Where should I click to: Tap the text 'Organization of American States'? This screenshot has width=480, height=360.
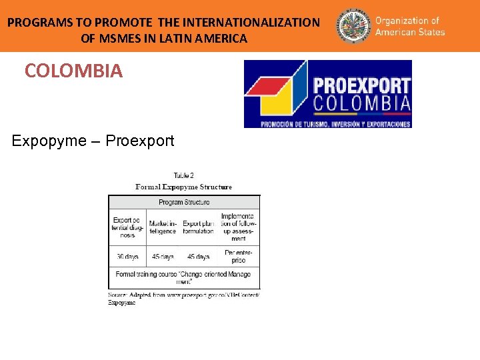[410, 26]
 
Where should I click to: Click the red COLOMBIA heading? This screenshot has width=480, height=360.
[73, 71]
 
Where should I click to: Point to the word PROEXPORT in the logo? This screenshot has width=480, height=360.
[361, 86]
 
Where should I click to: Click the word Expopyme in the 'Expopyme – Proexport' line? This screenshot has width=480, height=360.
[49, 141]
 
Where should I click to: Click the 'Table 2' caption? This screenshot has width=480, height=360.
[183, 176]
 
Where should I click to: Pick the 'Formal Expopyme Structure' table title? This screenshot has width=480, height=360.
[183, 187]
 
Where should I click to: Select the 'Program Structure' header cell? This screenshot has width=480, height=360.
[184, 202]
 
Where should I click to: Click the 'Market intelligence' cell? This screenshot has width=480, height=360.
[163, 227]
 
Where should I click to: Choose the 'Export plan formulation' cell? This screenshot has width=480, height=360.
[199, 227]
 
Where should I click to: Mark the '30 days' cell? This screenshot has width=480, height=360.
[127, 257]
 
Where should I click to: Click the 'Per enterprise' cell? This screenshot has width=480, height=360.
[238, 257]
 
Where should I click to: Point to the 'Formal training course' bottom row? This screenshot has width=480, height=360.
[183, 277]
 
